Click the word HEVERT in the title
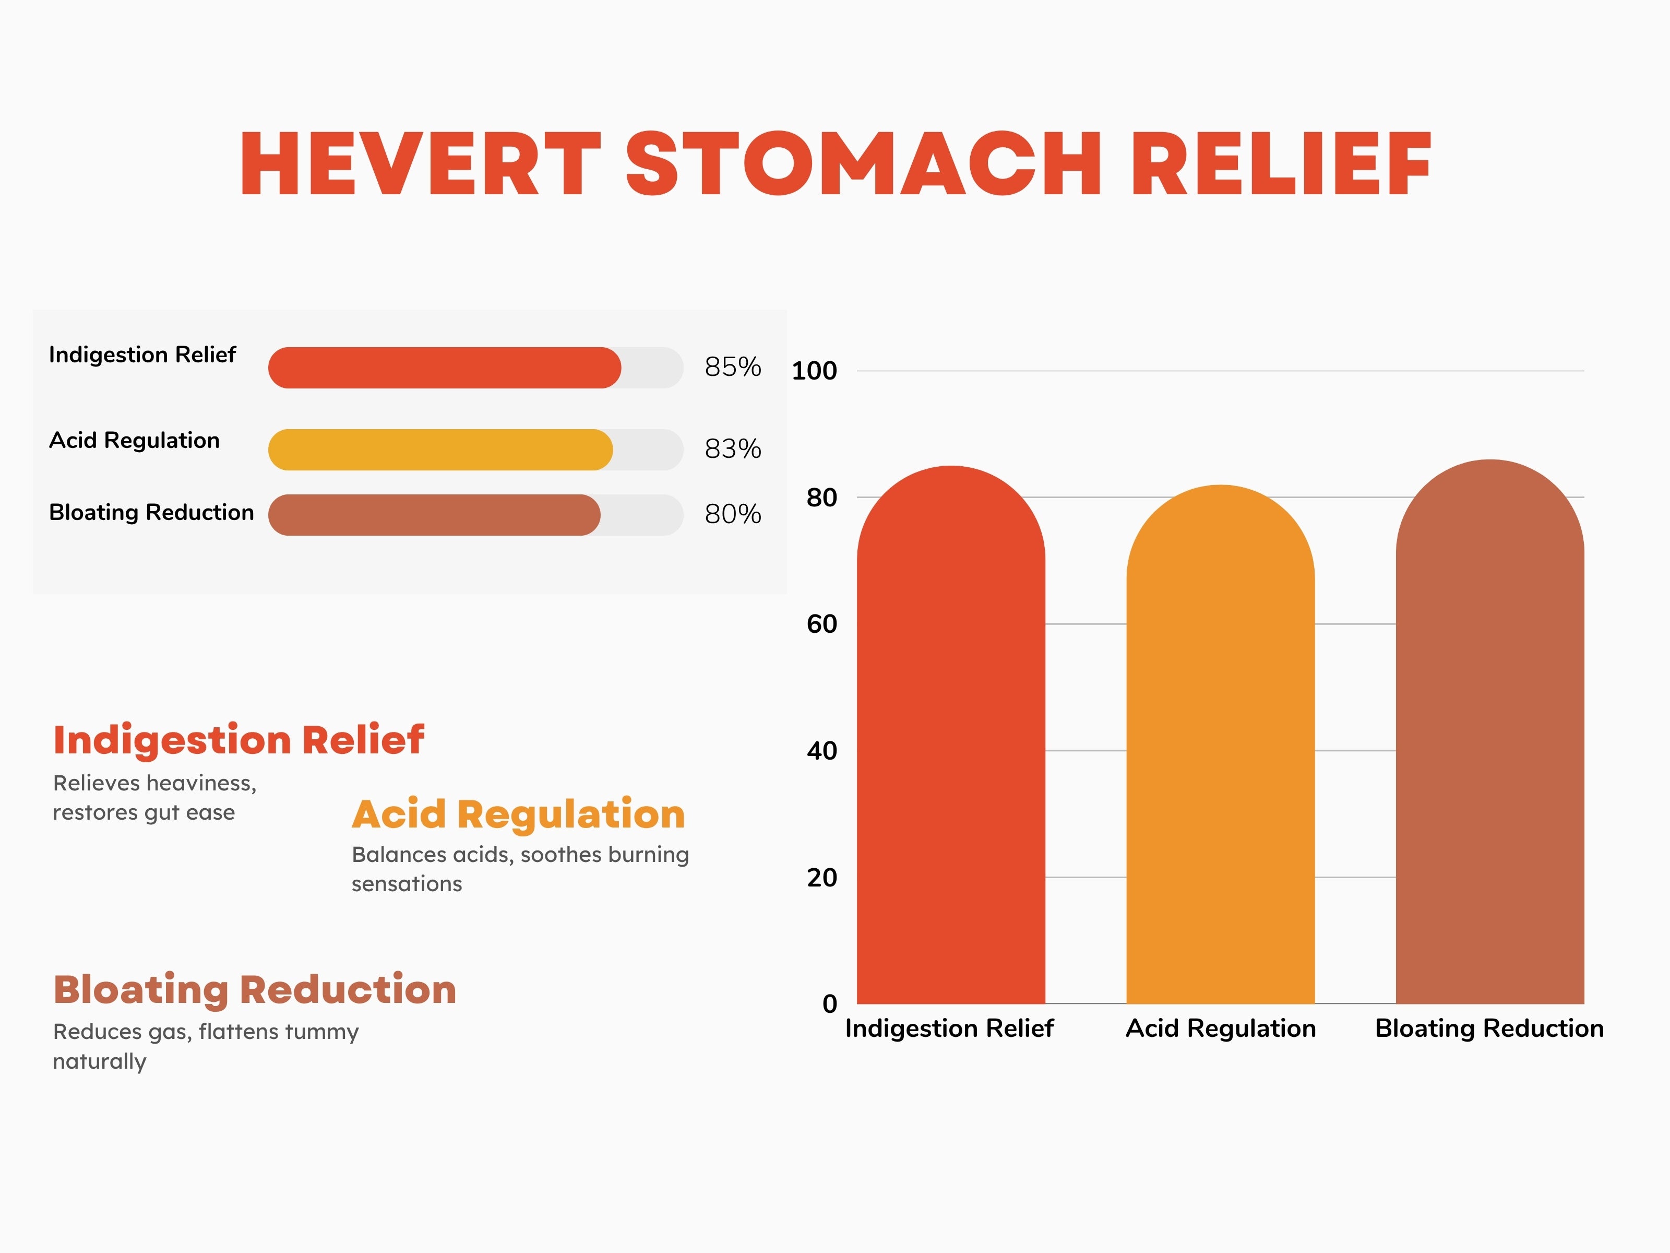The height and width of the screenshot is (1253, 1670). (420, 164)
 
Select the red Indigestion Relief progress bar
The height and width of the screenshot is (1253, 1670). (444, 368)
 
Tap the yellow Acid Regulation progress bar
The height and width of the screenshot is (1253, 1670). (440, 450)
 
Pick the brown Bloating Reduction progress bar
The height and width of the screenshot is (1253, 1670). (434, 515)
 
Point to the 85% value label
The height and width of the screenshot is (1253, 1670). (732, 367)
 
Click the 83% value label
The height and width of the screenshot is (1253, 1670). (732, 450)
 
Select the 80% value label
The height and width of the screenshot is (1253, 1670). (732, 514)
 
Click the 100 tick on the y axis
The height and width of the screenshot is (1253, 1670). (814, 371)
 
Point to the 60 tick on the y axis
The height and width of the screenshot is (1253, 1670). (821, 624)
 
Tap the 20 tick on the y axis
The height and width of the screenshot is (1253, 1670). (821, 878)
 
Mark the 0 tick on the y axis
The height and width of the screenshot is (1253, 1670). (830, 1004)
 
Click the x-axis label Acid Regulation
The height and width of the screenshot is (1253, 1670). (1220, 1029)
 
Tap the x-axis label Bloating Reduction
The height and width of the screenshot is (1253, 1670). (1489, 1029)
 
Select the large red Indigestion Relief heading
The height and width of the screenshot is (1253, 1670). (238, 740)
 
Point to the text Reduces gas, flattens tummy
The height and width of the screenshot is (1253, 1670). (205, 1032)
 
